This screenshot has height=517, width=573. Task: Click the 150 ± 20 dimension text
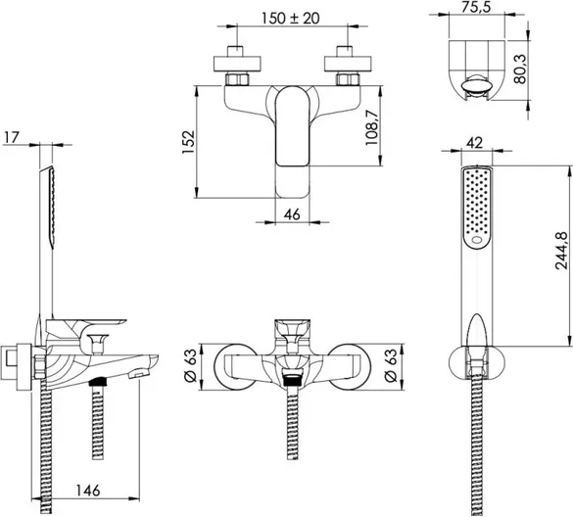[x=291, y=18]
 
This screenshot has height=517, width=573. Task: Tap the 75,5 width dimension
[x=475, y=7]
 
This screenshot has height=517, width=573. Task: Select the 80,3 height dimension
[x=520, y=70]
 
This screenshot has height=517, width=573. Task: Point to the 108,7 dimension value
[x=372, y=127]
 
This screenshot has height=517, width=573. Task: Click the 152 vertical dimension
[x=189, y=141]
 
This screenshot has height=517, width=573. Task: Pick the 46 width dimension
[x=292, y=214]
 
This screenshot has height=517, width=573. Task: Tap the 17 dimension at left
[x=11, y=138]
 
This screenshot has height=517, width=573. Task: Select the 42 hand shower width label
[x=475, y=143]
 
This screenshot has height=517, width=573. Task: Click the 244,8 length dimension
[x=561, y=251]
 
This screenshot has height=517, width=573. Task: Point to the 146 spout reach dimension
[x=88, y=491]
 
